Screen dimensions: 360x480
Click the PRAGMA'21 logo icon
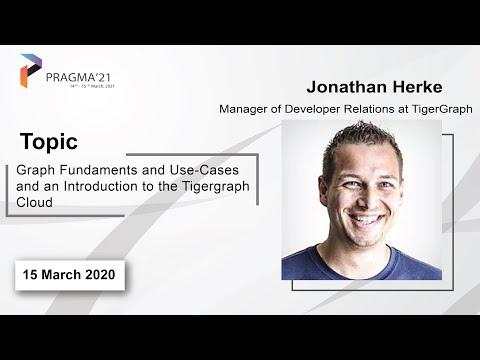pyautogui.click(x=30, y=71)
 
